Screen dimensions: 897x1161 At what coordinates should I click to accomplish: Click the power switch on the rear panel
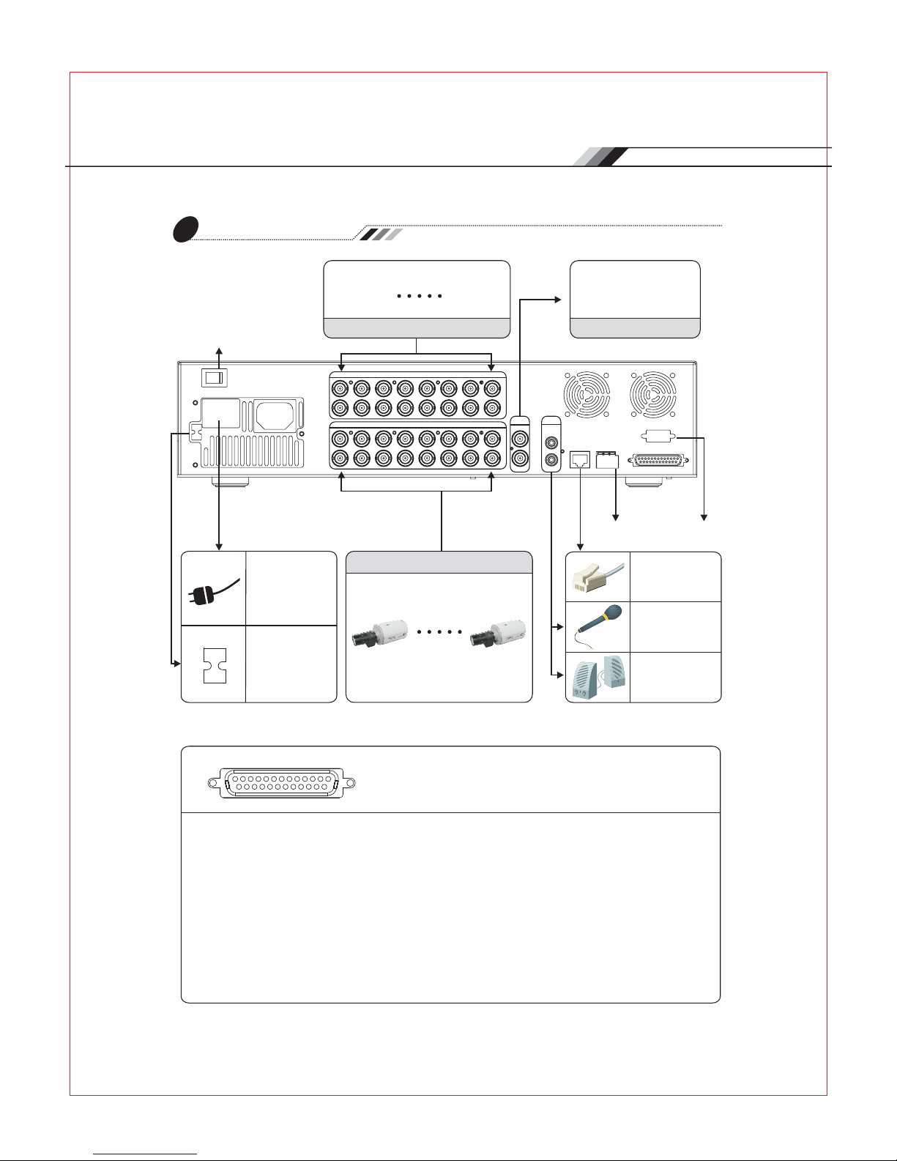coord(214,377)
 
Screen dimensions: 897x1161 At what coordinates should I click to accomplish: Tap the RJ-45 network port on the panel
coord(580,460)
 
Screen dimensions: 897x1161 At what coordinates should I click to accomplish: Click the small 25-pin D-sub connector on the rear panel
coord(657,461)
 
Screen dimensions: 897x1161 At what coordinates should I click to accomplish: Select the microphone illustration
coord(598,626)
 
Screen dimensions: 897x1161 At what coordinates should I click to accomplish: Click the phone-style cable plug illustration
coord(598,577)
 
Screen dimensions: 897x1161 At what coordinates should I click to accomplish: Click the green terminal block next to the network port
coord(608,459)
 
